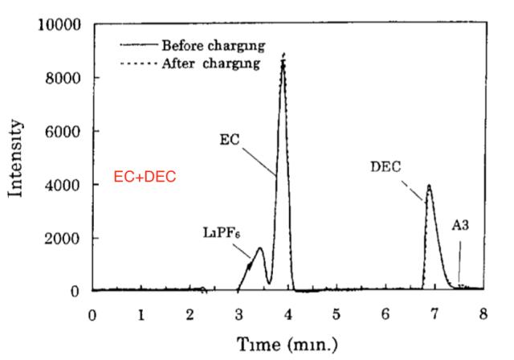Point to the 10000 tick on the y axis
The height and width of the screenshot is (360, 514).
coord(60,24)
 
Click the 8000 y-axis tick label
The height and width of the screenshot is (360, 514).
coord(64,78)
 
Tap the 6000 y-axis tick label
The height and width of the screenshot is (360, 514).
coord(64,131)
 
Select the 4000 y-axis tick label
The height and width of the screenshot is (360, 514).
coord(64,185)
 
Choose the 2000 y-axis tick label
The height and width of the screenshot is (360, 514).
coord(64,239)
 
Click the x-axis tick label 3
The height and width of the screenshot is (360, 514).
coord(239,313)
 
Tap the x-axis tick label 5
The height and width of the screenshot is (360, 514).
coord(337,313)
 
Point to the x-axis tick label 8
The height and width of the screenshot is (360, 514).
coord(483,313)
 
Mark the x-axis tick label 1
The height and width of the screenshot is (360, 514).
coord(141,313)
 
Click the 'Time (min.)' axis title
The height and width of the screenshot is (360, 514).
coord(288,344)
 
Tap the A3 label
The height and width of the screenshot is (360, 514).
coord(460,226)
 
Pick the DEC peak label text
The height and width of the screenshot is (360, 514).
coord(385,166)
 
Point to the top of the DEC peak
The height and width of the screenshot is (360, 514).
coord(430,186)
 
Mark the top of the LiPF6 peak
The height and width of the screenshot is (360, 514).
coord(259,248)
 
